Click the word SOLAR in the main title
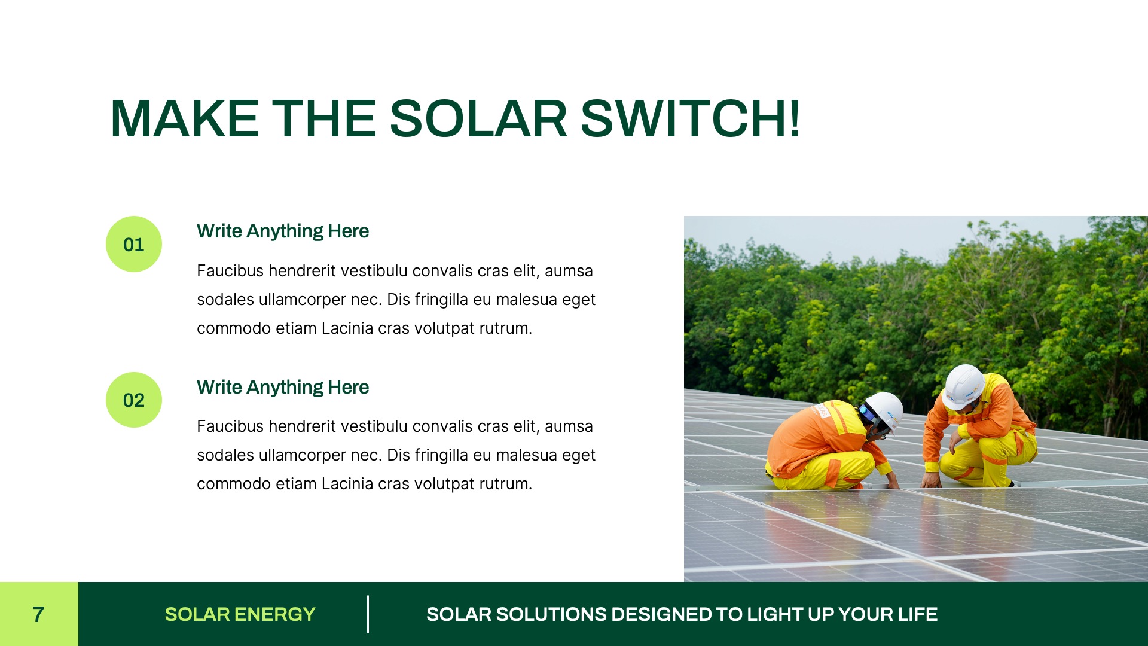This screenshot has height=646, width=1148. (478, 119)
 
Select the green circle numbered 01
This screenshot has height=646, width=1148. (134, 244)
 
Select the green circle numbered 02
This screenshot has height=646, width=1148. (134, 400)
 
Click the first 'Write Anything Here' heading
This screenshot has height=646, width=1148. (282, 231)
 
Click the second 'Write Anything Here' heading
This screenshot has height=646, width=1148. (282, 387)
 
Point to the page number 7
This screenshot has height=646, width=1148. (38, 614)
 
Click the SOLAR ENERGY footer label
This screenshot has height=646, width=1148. (240, 614)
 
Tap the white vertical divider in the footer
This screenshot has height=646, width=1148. (368, 614)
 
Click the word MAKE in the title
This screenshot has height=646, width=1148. (184, 119)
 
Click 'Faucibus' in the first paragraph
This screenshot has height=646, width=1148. (230, 271)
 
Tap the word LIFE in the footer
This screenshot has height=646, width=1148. (919, 614)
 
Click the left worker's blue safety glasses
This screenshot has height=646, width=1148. (865, 413)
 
